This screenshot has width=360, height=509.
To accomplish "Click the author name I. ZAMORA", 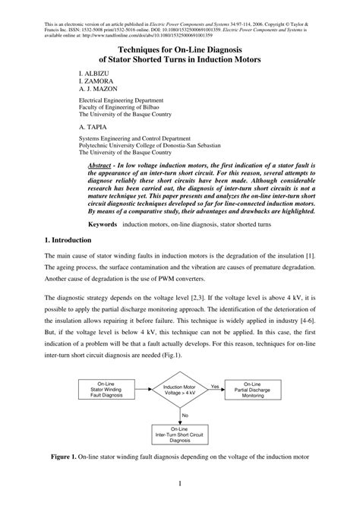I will point(96,85).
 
